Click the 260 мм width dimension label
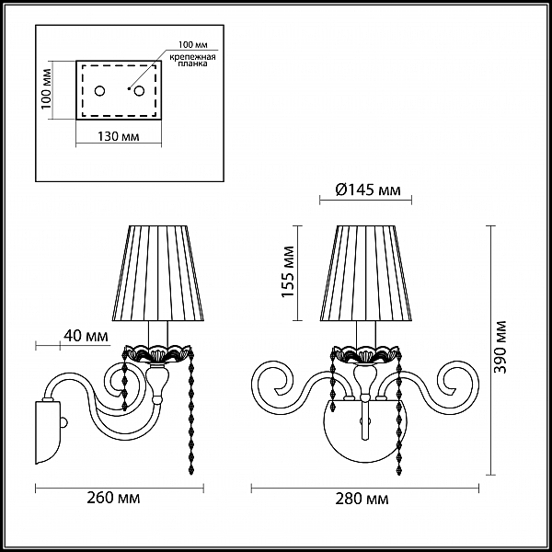113,498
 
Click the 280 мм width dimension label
362,499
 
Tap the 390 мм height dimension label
500,347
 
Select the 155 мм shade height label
288,271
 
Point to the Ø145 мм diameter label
368,190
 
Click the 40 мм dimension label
86,336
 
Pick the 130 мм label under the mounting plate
119,136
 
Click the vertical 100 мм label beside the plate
46,88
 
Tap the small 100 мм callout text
193,45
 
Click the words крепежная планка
192,60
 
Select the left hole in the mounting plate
99,91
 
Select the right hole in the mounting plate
139,91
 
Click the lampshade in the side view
158,273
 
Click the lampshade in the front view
366,273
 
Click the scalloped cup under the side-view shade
157,354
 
